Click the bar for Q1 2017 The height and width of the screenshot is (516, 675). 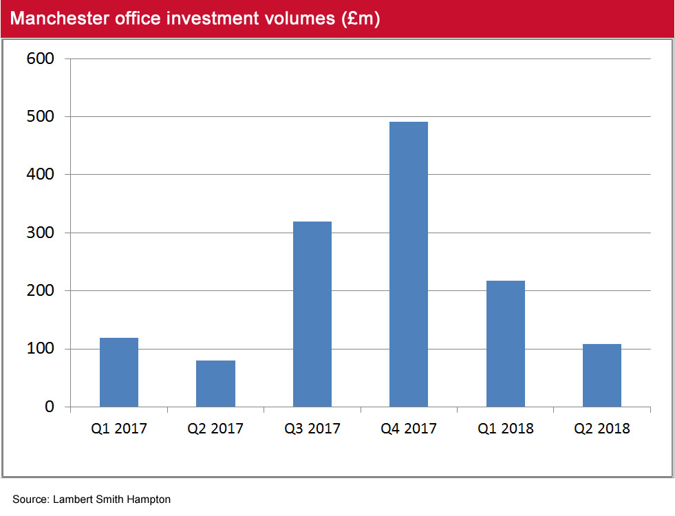click(118, 372)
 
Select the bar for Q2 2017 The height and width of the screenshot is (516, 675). click(215, 383)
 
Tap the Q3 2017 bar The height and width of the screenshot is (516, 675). click(312, 314)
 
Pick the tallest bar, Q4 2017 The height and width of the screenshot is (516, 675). click(409, 264)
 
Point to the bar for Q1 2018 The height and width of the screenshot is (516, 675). click(505, 343)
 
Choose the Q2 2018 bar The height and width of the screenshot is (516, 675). click(602, 375)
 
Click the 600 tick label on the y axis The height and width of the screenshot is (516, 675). click(41, 59)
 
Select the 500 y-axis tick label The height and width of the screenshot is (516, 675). click(41, 117)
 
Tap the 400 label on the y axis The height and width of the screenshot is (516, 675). click(41, 175)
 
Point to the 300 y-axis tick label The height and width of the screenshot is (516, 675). click(41, 233)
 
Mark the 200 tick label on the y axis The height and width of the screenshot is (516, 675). click(41, 291)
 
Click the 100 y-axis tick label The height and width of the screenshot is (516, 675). click(41, 349)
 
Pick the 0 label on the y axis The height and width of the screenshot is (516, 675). click(49, 407)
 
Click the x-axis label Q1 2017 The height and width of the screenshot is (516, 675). click(118, 429)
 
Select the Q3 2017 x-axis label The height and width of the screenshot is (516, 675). click(312, 429)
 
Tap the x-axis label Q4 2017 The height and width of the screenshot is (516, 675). click(409, 429)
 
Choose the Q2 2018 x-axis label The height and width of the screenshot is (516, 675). click(602, 429)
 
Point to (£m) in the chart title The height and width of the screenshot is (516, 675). click(360, 19)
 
